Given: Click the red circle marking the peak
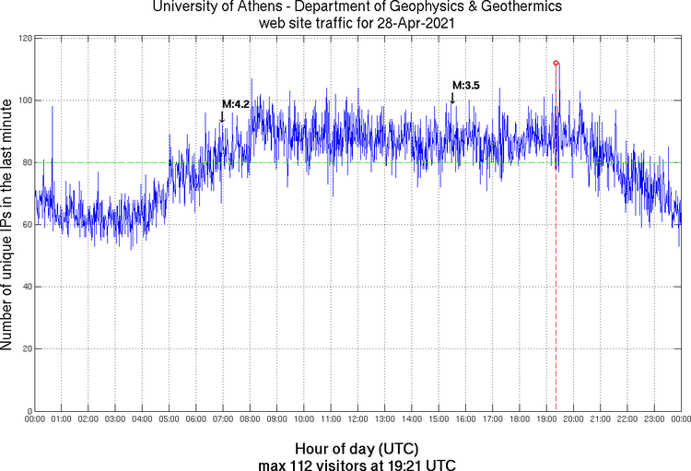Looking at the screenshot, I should [x=556, y=63].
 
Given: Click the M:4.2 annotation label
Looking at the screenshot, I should [x=236, y=104].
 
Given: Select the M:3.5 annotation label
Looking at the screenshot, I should [x=466, y=86].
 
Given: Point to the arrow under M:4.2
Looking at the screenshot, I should [x=222, y=117].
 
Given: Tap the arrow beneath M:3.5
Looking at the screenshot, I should [x=451, y=98].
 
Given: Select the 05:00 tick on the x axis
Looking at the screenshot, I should [x=170, y=419].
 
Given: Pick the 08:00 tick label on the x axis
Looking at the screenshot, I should [x=250, y=419].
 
